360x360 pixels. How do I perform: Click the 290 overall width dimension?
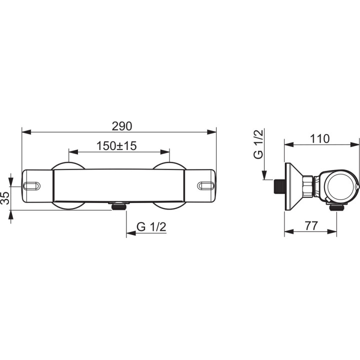(122, 126)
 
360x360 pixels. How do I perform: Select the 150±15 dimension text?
(116, 146)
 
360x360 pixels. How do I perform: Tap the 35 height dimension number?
(5, 197)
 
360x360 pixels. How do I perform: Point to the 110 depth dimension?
(319, 138)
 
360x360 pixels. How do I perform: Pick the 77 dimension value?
(311, 225)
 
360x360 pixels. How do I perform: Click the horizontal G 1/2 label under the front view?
(151, 227)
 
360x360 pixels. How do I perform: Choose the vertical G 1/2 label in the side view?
(258, 144)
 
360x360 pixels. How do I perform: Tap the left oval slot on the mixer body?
(32, 185)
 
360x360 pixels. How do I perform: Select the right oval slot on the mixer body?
(206, 185)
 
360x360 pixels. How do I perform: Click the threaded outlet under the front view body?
(118, 205)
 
